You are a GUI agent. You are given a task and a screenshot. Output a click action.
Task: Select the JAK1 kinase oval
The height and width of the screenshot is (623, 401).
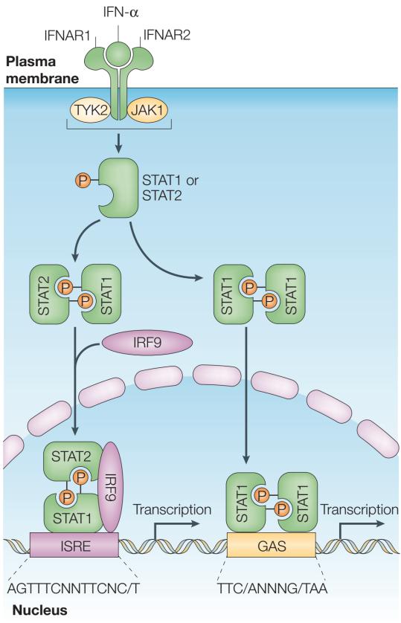click(147, 110)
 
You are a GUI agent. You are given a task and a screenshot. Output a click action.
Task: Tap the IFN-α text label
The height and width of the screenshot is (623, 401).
click(121, 12)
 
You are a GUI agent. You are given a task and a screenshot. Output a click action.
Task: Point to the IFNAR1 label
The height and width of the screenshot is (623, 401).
click(67, 36)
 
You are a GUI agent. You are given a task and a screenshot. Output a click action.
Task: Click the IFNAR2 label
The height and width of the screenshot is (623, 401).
click(167, 35)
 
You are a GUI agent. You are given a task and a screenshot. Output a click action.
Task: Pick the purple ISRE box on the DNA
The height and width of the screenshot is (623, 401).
click(74, 545)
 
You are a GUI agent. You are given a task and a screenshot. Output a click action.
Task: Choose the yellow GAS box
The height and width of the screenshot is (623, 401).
click(272, 545)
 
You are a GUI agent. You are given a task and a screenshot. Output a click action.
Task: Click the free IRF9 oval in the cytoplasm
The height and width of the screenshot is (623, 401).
click(147, 343)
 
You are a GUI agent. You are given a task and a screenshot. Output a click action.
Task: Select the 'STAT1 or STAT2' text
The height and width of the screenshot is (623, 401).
click(170, 188)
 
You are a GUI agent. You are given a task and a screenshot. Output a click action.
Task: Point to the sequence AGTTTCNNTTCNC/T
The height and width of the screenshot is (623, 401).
click(74, 589)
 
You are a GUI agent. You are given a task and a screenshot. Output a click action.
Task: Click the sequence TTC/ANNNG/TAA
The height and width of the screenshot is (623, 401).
click(272, 589)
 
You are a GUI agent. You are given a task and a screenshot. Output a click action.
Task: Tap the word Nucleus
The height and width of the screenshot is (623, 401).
click(39, 610)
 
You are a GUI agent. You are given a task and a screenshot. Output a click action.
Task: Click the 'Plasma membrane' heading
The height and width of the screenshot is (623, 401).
click(42, 70)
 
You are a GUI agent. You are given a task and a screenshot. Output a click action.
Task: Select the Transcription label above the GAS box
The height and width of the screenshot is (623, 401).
click(359, 509)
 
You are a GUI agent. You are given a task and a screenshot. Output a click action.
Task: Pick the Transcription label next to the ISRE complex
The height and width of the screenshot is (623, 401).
click(172, 509)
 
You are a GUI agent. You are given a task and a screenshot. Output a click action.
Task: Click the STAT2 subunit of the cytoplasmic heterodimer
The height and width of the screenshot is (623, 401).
click(49, 294)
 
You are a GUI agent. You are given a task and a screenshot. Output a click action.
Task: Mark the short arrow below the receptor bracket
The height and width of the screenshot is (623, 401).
click(118, 143)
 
